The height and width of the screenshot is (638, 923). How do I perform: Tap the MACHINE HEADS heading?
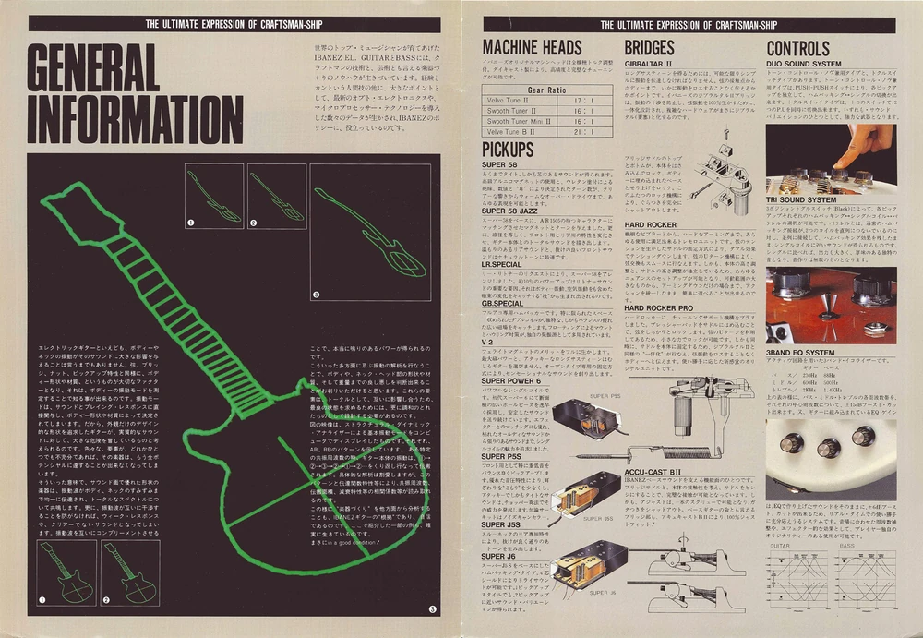[x=532, y=47]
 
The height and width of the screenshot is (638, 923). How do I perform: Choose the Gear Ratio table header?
[x=546, y=90]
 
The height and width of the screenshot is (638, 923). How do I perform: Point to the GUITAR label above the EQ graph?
[x=780, y=547]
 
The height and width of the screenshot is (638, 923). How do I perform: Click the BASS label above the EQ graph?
[x=846, y=547]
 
